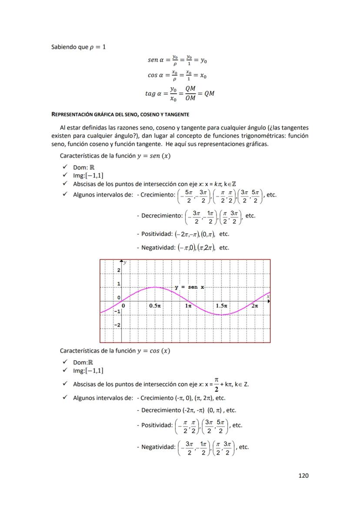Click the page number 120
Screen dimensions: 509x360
[x=303, y=476]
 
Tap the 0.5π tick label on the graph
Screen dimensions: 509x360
[x=155, y=306]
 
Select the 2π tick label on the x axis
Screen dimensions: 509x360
[x=255, y=306]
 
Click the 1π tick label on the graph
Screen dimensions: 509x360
[x=188, y=306]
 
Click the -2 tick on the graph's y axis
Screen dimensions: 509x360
[x=117, y=325]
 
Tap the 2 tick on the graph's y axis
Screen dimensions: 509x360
[x=119, y=270]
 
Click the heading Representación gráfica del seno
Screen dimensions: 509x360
[x=120, y=114]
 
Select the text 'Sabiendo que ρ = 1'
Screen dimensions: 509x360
[x=79, y=47]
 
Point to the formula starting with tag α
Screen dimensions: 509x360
[x=180, y=93]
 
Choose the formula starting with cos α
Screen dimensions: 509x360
[x=177, y=75]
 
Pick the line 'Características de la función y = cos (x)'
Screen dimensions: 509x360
[x=115, y=351]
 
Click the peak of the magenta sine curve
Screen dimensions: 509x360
[x=155, y=287]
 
